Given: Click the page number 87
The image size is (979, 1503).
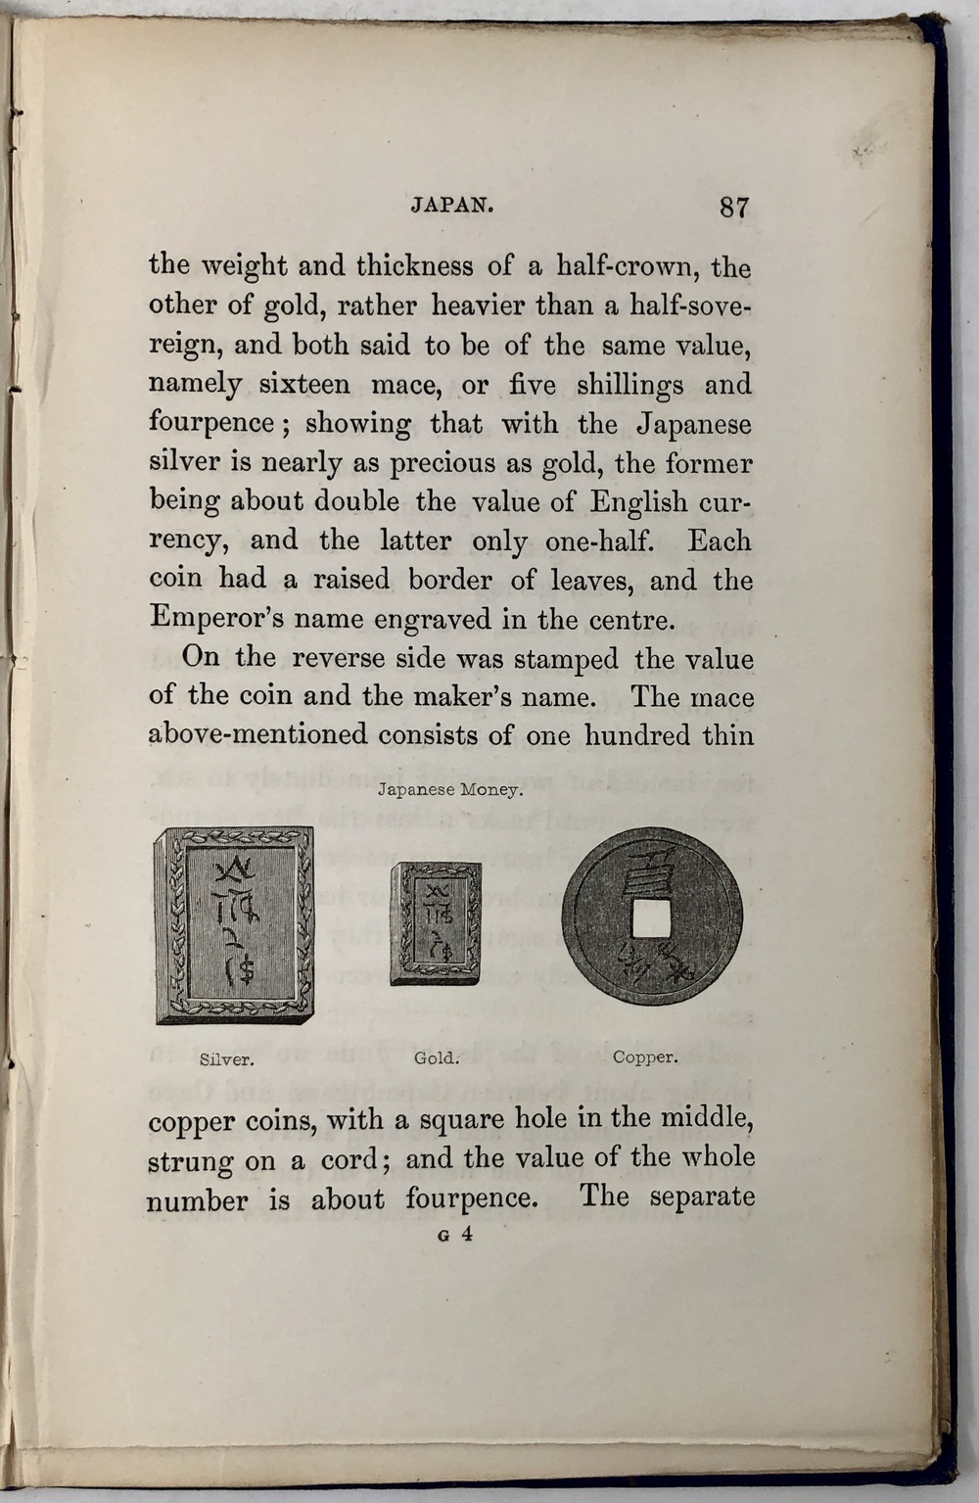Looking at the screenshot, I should (733, 207).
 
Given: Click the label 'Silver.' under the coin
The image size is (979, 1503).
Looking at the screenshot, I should (227, 1058).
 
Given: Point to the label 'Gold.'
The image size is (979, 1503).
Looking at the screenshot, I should (436, 1057).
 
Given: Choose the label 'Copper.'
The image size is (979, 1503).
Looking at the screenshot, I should (644, 1057).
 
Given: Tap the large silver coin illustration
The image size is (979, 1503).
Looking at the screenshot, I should (235, 925).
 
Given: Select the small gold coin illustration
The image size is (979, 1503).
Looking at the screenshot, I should (436, 923).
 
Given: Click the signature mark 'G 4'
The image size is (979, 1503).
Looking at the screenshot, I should (456, 1235).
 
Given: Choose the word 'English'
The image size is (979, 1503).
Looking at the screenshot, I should (639, 501).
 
